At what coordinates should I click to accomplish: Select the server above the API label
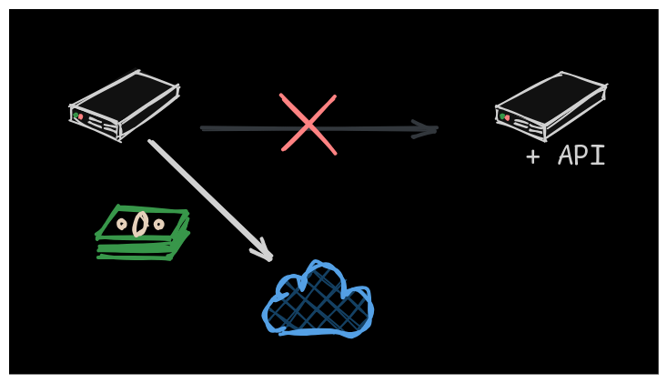click(550, 104)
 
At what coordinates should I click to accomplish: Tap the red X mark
click(308, 124)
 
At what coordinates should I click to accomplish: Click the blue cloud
click(318, 303)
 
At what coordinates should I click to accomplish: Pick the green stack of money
click(142, 233)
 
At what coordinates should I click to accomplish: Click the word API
click(581, 156)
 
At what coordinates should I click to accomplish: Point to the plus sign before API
click(532, 156)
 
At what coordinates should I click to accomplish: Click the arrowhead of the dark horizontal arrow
click(426, 129)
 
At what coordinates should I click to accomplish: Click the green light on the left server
click(76, 116)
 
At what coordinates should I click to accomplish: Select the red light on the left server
click(81, 117)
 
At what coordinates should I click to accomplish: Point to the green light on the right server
click(501, 116)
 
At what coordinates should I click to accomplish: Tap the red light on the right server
click(507, 117)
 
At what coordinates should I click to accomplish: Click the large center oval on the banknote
click(140, 223)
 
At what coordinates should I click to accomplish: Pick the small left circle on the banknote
click(122, 223)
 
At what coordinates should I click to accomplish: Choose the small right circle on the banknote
click(159, 224)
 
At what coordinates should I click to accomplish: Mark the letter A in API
click(565, 156)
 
